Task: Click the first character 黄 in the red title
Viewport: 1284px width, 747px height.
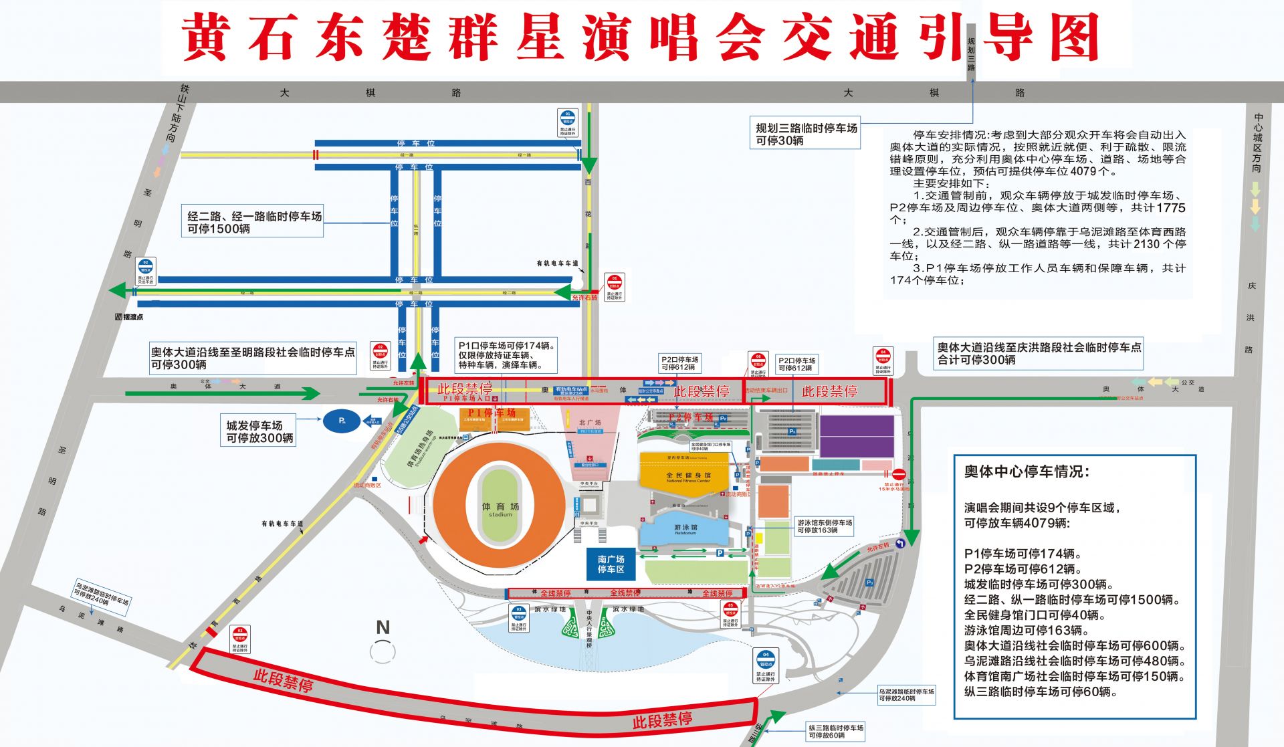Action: [206, 38]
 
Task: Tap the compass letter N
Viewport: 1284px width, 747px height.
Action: [383, 627]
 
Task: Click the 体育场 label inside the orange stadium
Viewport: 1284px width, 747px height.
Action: [500, 508]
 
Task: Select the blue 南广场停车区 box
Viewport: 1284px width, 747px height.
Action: [611, 564]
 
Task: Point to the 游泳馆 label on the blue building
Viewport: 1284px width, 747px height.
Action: [685, 528]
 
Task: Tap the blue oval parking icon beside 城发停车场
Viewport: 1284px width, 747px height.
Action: [342, 421]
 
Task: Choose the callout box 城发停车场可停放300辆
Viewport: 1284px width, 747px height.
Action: [259, 431]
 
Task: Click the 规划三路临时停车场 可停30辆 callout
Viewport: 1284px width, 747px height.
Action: [806, 134]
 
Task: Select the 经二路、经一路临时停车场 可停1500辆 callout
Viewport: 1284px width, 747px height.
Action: [254, 222]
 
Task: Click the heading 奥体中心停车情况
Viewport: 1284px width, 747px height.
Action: [1027, 471]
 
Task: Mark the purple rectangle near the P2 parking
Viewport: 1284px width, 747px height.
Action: [857, 436]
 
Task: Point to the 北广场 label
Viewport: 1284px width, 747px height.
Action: [590, 423]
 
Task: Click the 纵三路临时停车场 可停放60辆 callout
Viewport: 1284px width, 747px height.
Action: [835, 731]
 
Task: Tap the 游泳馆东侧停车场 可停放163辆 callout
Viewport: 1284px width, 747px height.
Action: [824, 526]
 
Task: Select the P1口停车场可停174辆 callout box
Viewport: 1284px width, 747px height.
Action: [507, 355]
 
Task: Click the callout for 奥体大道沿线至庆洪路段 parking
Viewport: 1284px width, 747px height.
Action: [1039, 353]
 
